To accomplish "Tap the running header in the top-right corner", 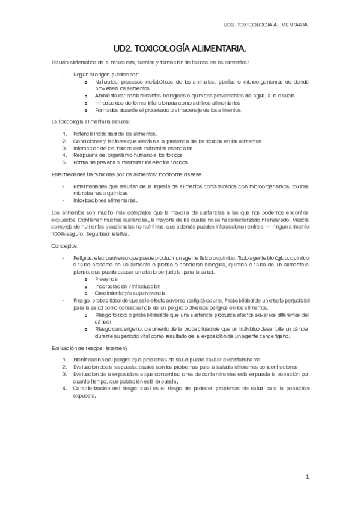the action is click(x=266, y=26).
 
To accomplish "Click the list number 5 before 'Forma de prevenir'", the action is click(x=64, y=162).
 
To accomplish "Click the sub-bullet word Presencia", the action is click(x=108, y=280).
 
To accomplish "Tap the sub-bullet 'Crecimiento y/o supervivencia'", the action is click(x=130, y=292).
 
